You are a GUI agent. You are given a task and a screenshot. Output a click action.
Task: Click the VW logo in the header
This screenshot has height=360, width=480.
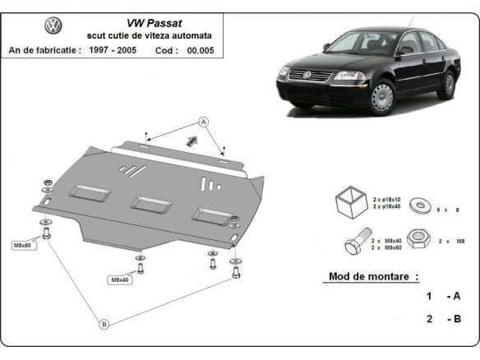pos(53,26)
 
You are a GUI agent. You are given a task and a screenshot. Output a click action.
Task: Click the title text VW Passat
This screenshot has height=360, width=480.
pos(150,23)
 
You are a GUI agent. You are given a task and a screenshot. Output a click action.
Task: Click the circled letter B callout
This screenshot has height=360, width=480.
pos(104,325)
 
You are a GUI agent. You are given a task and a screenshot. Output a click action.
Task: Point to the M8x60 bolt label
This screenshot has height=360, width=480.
pos(22,246)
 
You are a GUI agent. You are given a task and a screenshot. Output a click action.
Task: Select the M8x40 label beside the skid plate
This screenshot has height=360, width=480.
pos(119,279)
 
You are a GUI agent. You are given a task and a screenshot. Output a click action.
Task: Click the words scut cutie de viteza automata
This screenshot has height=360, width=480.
pos(150,36)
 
